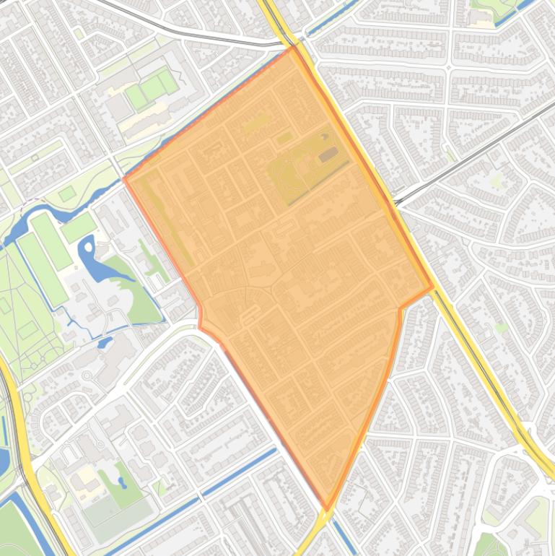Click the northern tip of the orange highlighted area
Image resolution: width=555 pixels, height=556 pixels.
pos(293,47)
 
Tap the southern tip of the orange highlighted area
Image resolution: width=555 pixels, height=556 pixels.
pos(327,509)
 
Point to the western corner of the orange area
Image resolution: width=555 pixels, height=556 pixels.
pos(126,178)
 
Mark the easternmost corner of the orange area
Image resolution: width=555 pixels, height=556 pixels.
pos(432,287)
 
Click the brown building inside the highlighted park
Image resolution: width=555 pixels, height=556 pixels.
pos(328,154)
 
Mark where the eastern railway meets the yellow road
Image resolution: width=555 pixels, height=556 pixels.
pos(396,200)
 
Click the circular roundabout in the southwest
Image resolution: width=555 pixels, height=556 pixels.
pos(87,375)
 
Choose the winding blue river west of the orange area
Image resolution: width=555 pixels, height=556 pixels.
pos(51,214)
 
